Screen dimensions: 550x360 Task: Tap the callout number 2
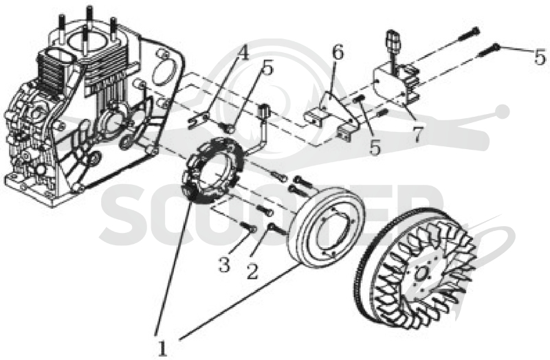252,271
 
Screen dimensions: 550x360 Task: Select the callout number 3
225,264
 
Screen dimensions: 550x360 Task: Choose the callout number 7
417,134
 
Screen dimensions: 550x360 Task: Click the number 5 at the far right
540,57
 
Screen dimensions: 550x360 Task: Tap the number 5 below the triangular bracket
375,148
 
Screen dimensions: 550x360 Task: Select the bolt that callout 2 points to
278,229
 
